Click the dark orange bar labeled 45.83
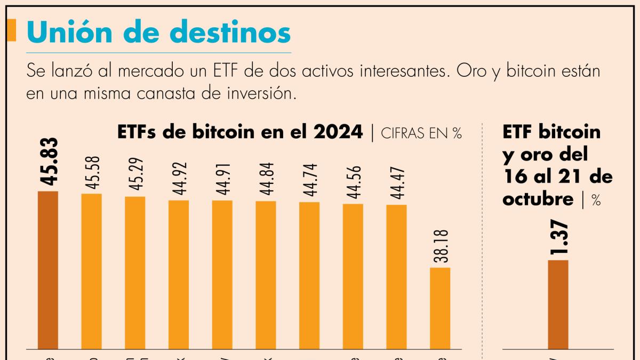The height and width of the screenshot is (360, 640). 48,270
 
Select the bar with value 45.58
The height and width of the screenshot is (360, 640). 91,271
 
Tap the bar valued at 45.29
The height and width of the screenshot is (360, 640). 135,273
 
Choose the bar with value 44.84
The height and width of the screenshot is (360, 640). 266,275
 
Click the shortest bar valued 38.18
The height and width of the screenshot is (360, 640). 440,308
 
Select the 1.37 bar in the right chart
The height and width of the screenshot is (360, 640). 558,305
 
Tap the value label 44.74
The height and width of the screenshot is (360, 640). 310,180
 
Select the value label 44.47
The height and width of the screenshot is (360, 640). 397,183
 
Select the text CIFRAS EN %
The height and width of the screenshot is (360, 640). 421,133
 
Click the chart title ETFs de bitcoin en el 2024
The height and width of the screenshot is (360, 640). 240,132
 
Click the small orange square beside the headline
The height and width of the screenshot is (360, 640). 12,30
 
